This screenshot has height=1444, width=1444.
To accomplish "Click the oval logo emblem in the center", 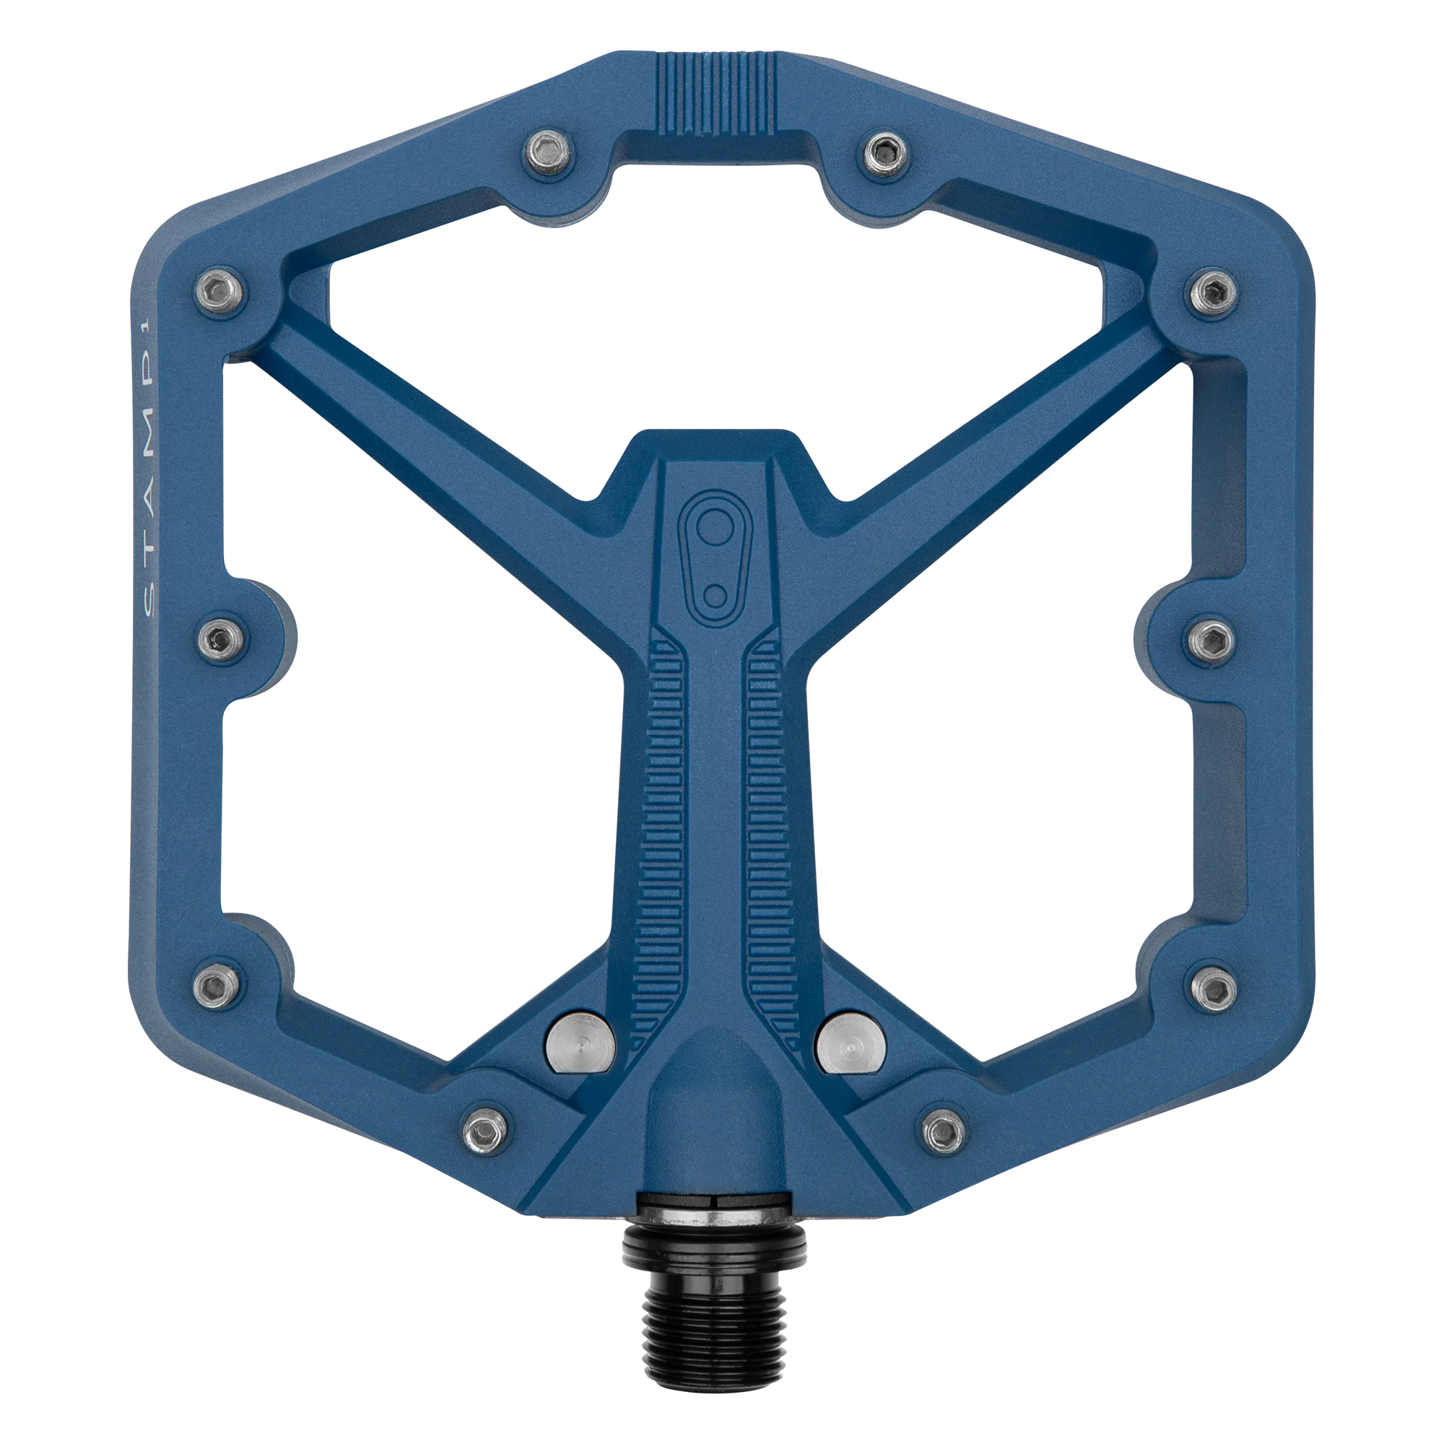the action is (x=714, y=557).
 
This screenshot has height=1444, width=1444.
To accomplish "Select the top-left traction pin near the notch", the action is (x=547, y=151).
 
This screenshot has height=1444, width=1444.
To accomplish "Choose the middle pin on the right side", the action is (x=1212, y=639).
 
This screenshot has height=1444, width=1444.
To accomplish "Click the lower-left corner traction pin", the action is (x=217, y=985).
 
